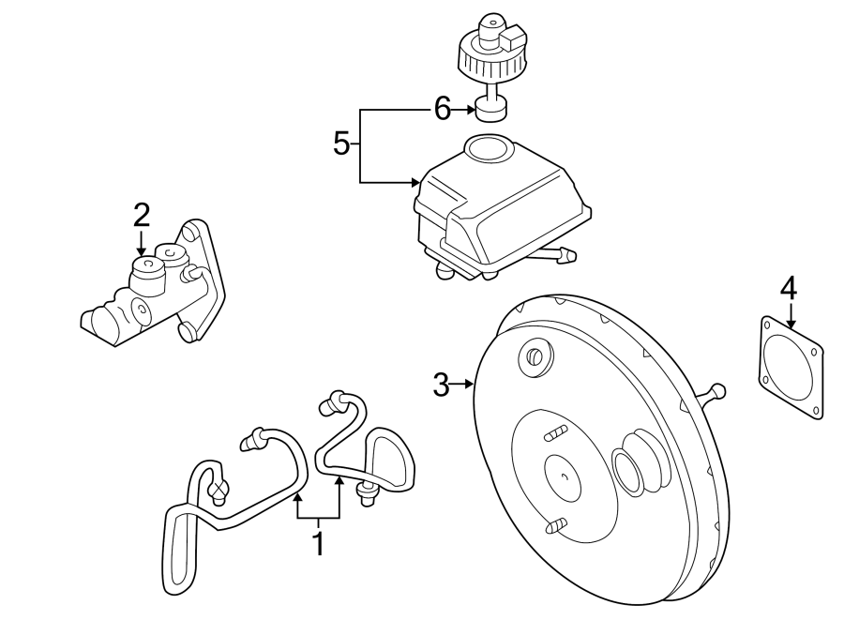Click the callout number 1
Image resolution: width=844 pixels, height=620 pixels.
(319, 544)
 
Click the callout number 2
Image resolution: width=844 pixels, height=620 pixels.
(141, 216)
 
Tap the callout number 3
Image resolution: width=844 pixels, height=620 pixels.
(441, 385)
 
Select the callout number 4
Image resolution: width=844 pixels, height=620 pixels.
(789, 290)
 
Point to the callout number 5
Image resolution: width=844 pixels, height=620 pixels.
(341, 144)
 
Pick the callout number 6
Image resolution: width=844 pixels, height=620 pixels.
(443, 110)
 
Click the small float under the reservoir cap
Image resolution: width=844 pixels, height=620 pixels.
(492, 109)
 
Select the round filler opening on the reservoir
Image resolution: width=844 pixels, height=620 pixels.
(486, 147)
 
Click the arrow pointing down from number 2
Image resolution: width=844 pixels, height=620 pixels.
(141, 242)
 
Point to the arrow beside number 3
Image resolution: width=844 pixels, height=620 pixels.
(461, 384)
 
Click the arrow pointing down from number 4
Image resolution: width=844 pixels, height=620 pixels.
(790, 316)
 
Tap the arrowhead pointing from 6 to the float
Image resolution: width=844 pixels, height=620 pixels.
(472, 110)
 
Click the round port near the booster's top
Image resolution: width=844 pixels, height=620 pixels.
(535, 356)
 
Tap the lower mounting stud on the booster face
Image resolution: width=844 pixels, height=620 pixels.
(556, 524)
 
